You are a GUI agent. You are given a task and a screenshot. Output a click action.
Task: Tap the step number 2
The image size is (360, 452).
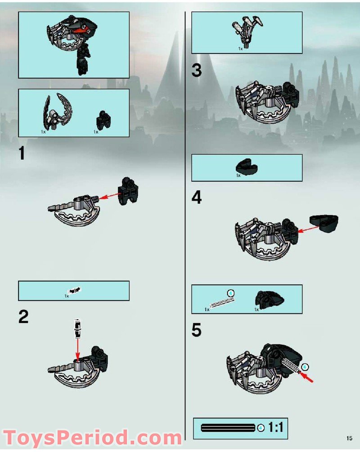(23, 317)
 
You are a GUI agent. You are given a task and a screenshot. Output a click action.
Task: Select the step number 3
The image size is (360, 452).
(197, 71)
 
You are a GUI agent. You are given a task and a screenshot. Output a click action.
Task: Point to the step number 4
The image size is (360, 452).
(197, 197)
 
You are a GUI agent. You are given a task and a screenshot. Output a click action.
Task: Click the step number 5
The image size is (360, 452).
(197, 330)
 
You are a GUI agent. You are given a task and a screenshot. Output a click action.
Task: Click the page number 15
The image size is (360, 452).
(349, 438)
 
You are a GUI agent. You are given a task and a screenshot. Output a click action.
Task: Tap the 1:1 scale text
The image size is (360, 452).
(275, 427)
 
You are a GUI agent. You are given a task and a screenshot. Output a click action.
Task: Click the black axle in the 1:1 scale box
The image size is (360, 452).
(228, 427)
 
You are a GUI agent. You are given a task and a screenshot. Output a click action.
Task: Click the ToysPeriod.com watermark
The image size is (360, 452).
(92, 438)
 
